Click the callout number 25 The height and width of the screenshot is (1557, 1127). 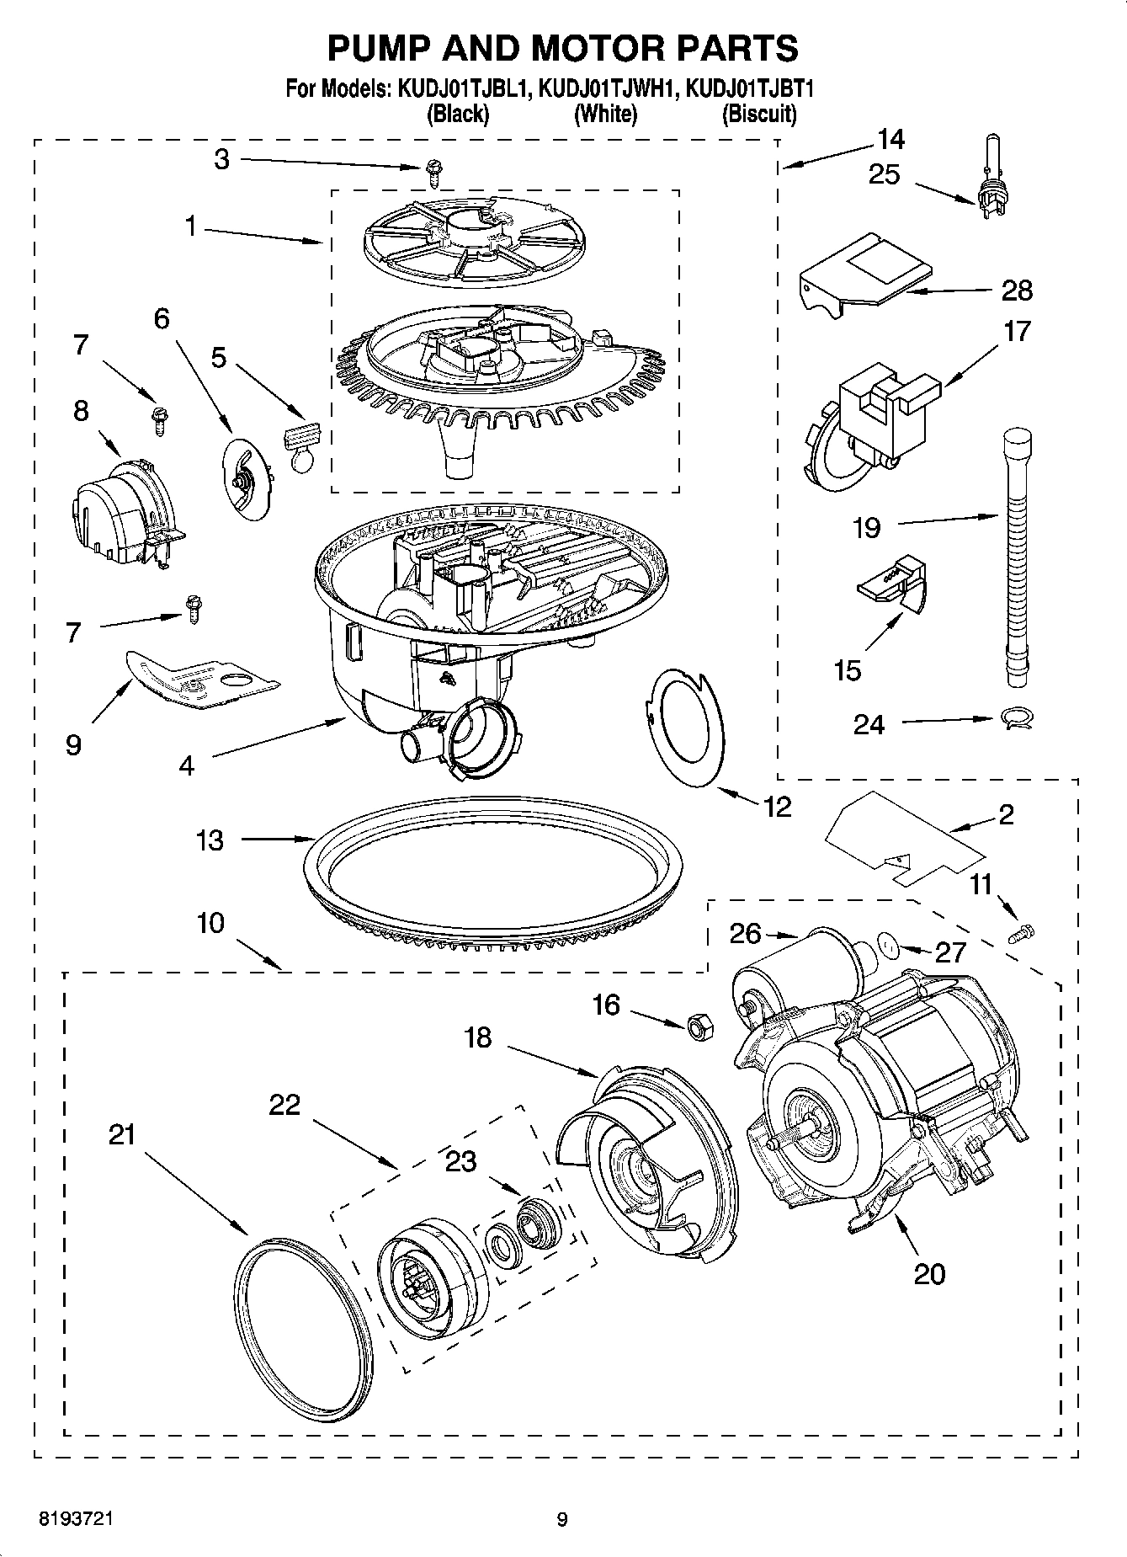(x=884, y=175)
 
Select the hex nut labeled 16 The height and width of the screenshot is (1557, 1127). (x=699, y=1026)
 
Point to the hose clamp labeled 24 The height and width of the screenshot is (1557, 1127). (x=1016, y=718)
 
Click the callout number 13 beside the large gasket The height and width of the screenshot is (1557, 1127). (x=210, y=840)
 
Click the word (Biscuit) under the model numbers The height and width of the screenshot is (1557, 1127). (x=758, y=114)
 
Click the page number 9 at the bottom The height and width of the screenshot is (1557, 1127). (x=562, y=1519)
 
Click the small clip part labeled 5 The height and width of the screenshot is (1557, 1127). (x=301, y=445)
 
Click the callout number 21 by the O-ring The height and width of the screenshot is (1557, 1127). (x=122, y=1135)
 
